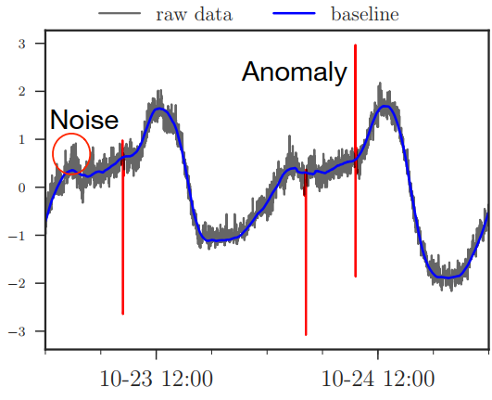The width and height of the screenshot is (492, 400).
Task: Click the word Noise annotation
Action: click(x=84, y=120)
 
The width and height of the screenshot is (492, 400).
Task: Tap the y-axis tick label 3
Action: click(x=21, y=44)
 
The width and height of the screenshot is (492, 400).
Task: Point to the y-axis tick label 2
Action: click(x=21, y=92)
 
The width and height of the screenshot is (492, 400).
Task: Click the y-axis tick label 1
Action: click(x=21, y=139)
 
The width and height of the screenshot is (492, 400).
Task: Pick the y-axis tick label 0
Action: click(x=21, y=187)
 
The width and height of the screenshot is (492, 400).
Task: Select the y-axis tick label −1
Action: click(x=17, y=236)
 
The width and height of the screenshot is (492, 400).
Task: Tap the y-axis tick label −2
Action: click(x=17, y=283)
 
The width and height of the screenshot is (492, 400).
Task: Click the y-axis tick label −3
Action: click(x=17, y=331)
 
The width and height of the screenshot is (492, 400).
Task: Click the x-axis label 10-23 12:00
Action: click(x=156, y=379)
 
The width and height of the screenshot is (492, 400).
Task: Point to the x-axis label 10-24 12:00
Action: click(x=378, y=379)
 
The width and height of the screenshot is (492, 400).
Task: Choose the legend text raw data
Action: click(x=195, y=14)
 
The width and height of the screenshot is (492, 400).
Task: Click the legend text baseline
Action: click(x=365, y=14)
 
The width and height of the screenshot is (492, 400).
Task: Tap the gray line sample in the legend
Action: click(x=120, y=13)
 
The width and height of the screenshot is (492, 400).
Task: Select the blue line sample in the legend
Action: click(x=294, y=13)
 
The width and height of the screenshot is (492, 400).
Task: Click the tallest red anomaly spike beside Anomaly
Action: click(x=355, y=161)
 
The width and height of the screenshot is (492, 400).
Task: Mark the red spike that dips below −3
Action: click(x=306, y=252)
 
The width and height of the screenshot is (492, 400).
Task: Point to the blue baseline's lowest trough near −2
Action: click(x=448, y=277)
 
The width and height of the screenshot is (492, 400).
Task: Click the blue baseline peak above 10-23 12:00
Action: click(x=159, y=109)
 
